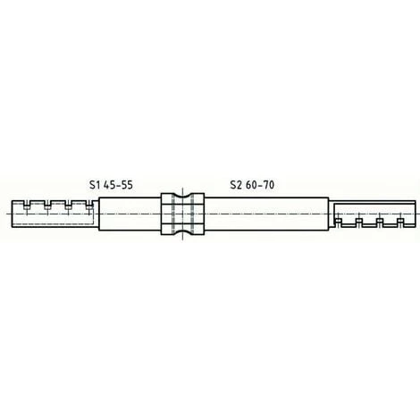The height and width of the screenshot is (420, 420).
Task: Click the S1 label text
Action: (x=94, y=185)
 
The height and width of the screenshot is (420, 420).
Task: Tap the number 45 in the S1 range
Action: (x=109, y=185)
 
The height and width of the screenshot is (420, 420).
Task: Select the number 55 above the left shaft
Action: (x=127, y=185)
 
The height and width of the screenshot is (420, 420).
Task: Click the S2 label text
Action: (x=235, y=185)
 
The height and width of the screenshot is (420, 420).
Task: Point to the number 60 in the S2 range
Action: (x=252, y=185)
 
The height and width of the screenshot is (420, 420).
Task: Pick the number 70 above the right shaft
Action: (x=268, y=185)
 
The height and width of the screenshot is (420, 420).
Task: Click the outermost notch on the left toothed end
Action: (x=27, y=204)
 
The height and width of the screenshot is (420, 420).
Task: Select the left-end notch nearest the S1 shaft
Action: (x=89, y=204)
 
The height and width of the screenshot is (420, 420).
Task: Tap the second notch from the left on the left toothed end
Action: (x=47, y=204)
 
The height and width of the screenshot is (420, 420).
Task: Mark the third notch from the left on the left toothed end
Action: (x=69, y=204)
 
